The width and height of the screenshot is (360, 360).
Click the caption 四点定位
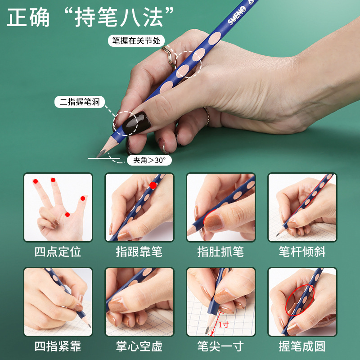point(58,252)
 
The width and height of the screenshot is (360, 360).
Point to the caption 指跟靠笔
point(139,252)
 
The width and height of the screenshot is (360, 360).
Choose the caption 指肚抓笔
point(220,252)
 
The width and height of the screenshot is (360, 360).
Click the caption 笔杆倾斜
point(302,252)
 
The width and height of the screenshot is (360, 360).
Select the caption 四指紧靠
point(58,346)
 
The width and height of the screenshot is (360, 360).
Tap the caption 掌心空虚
point(139,346)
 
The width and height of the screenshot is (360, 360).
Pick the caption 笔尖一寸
point(220,346)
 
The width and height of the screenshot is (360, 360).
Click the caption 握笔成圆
point(302,346)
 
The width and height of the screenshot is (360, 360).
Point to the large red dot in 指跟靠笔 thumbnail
point(153,185)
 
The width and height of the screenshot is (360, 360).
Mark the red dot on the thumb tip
point(83,198)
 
